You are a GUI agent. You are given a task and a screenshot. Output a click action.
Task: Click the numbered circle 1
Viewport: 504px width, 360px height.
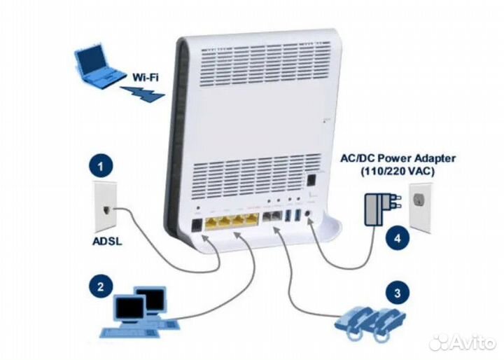pyautogui.click(x=102, y=167)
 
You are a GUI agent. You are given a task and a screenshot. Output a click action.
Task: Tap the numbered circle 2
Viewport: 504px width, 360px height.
pyautogui.click(x=101, y=286)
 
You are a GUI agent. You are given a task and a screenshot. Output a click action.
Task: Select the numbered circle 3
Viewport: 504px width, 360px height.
pyautogui.click(x=397, y=293)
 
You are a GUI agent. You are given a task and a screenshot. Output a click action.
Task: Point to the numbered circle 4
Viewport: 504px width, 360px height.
pyautogui.click(x=398, y=237)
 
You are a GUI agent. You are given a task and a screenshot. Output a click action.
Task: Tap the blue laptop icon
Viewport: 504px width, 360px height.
pyautogui.click(x=97, y=65)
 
